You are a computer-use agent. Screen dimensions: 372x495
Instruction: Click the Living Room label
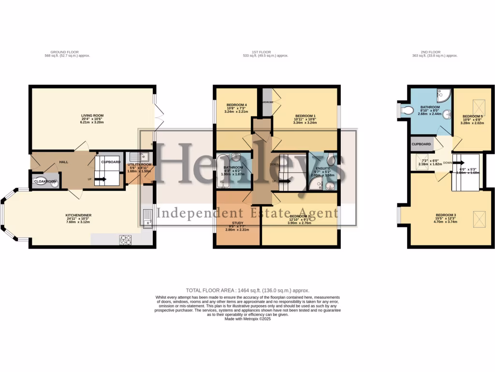[92, 115]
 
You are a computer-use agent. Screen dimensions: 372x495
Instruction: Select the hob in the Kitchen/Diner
[126, 239]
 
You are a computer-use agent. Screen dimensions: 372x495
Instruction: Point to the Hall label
[64, 162]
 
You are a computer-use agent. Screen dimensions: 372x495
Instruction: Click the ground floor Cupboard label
[111, 162]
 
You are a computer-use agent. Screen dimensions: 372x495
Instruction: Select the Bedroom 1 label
[305, 115]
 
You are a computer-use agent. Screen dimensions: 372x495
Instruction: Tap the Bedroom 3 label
[445, 215]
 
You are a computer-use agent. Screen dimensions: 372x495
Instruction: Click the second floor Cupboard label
[422, 144]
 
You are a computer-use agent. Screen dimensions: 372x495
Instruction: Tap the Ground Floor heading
[65, 52]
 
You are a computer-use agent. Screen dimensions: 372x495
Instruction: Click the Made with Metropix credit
[247, 319]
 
